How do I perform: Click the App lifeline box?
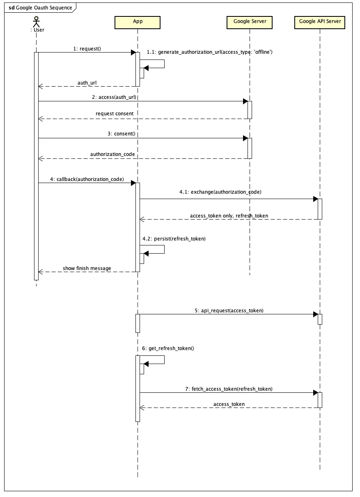(138, 22)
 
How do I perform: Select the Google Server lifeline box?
(250, 22)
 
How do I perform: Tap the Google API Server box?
(320, 22)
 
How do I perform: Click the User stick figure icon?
(37, 21)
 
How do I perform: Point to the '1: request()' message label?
(87, 49)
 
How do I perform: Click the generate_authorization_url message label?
(210, 53)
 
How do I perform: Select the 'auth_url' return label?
(87, 83)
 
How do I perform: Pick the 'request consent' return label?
(115, 114)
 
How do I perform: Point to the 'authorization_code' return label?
(112, 154)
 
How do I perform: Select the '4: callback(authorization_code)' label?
(87, 179)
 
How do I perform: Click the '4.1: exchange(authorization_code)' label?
(220, 192)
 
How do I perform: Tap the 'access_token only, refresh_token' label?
(229, 216)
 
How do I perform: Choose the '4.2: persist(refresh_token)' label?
(174, 238)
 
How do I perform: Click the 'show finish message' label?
(87, 268)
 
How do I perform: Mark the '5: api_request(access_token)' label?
(229, 311)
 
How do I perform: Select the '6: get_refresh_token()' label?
(168, 348)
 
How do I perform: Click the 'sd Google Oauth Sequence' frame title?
(40, 8)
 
